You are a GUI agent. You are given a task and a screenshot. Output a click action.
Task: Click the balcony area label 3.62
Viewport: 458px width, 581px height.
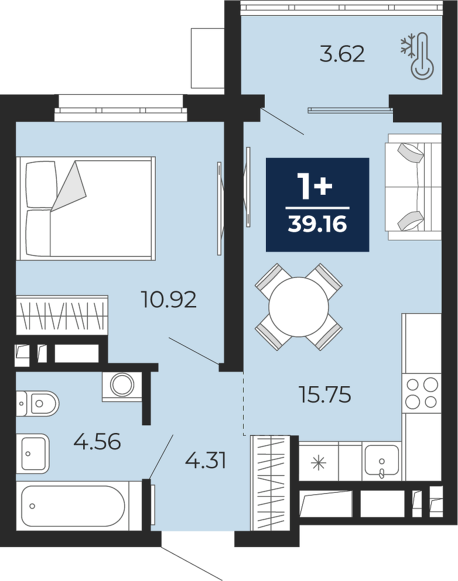(342, 54)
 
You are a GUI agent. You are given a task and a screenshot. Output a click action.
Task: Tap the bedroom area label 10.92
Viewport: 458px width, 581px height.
(169, 300)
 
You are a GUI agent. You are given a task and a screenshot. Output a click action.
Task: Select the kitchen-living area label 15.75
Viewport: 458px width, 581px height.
(324, 394)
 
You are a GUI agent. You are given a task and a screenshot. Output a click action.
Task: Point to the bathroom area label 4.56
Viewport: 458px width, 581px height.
(97, 441)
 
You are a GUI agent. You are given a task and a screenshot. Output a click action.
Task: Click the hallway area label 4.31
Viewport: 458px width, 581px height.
(206, 461)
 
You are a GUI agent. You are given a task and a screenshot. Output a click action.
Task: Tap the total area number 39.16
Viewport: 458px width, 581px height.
(317, 224)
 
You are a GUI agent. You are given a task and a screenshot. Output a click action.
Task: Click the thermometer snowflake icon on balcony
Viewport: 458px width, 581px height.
(417, 56)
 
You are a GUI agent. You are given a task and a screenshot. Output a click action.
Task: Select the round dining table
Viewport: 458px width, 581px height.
(299, 307)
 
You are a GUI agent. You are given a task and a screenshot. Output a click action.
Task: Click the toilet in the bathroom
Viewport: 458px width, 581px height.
(37, 403)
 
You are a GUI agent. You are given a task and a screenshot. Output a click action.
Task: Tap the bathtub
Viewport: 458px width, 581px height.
(73, 506)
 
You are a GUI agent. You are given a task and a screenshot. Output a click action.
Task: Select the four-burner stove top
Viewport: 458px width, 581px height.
(422, 392)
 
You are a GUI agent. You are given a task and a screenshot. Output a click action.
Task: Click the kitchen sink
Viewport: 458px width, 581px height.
(382, 460)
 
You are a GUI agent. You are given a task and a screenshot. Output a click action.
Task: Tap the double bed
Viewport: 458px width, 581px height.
(86, 208)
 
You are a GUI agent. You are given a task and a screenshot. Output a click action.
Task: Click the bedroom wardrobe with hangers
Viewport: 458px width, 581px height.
(62, 314)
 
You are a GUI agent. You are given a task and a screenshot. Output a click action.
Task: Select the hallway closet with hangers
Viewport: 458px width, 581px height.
(271, 484)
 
